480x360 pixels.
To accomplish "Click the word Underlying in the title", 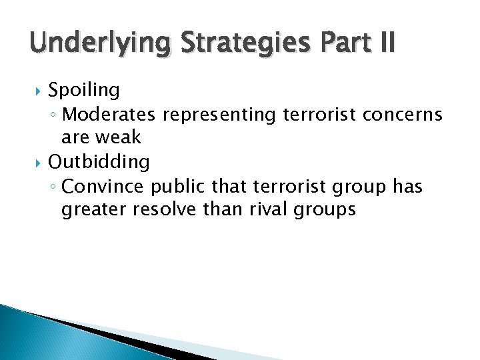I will click(x=91, y=44).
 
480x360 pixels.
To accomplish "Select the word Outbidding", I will click(x=99, y=162).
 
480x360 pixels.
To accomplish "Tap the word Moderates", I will click(x=109, y=115).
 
